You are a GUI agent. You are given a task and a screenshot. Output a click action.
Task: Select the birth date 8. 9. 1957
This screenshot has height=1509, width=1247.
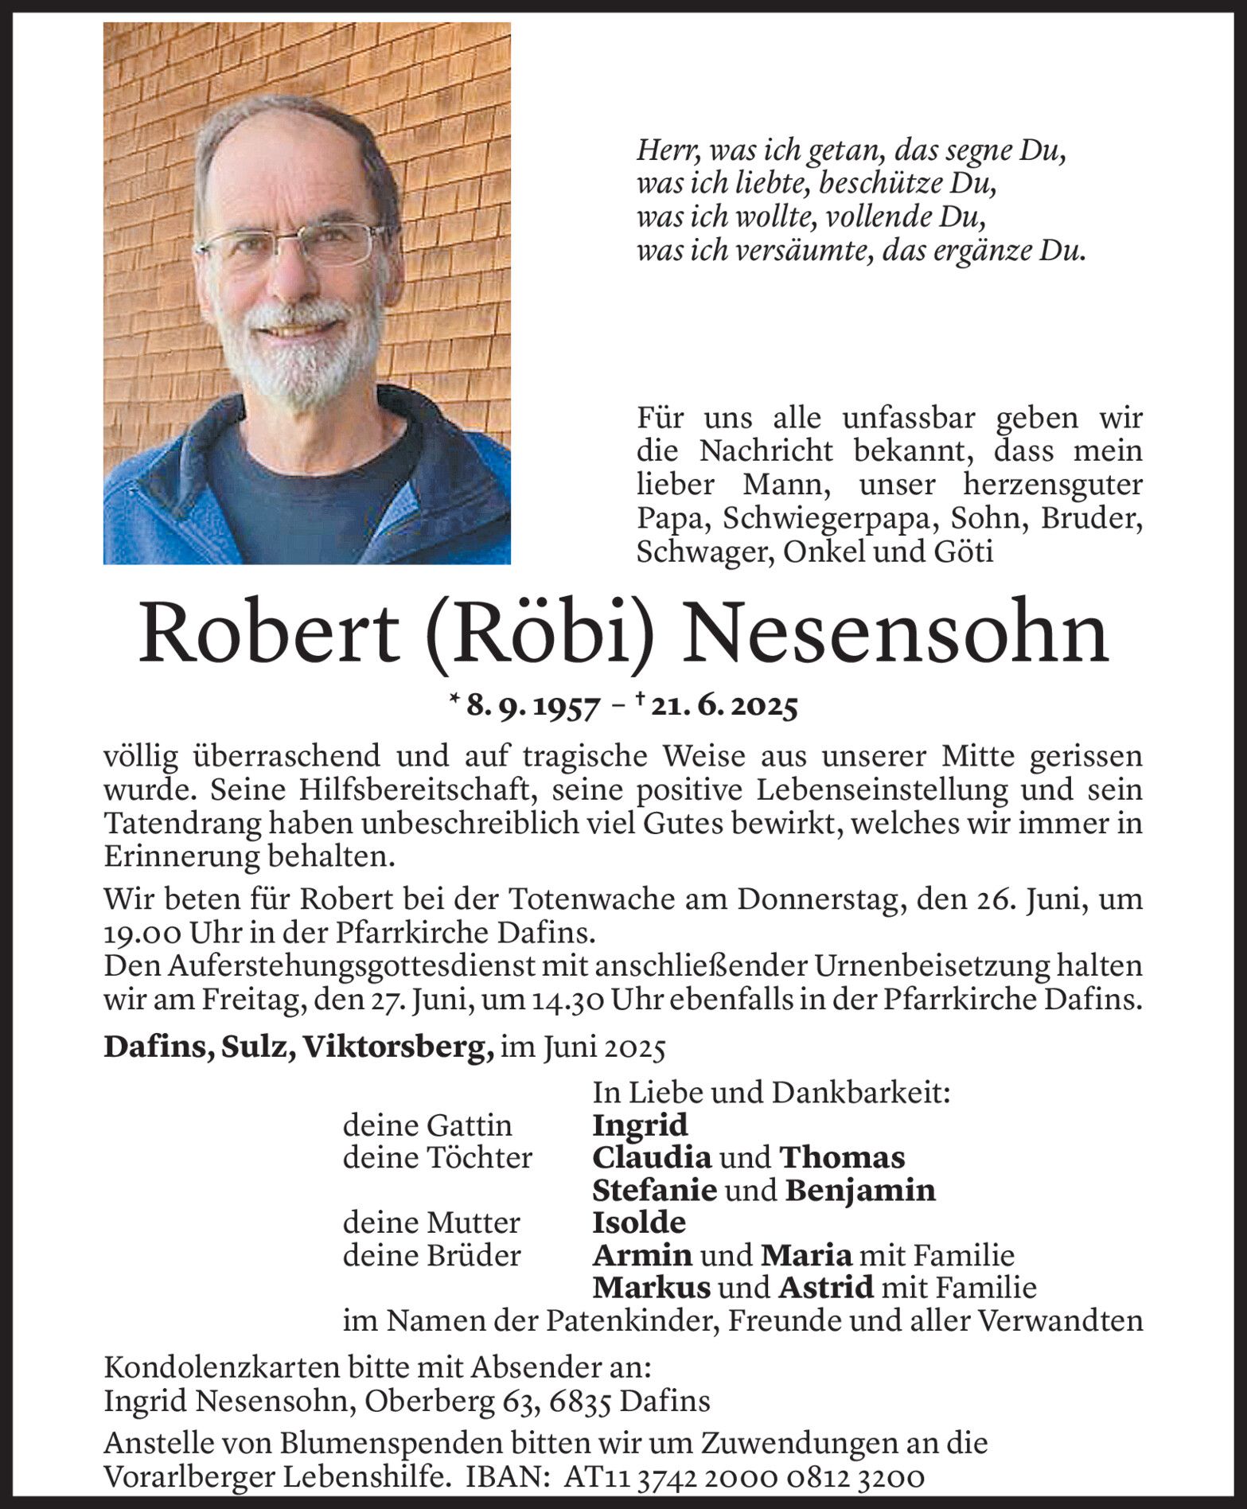(532, 707)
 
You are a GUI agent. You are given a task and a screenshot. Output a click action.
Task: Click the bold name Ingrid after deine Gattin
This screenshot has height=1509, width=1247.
(640, 1125)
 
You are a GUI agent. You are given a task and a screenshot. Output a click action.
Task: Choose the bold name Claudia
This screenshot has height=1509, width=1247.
(652, 1157)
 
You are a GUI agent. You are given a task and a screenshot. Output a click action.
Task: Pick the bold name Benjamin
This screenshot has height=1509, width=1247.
(860, 1190)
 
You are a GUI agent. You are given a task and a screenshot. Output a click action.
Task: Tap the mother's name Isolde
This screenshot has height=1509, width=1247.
(638, 1222)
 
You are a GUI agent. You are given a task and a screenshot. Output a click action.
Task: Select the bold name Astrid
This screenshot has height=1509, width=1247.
(825, 1287)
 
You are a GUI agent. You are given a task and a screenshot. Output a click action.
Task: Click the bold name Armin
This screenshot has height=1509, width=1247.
(641, 1255)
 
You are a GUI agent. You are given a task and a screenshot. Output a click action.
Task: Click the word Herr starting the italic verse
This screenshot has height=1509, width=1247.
(663, 151)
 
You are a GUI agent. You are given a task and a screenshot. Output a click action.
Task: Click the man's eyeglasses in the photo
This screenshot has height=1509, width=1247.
(294, 244)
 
